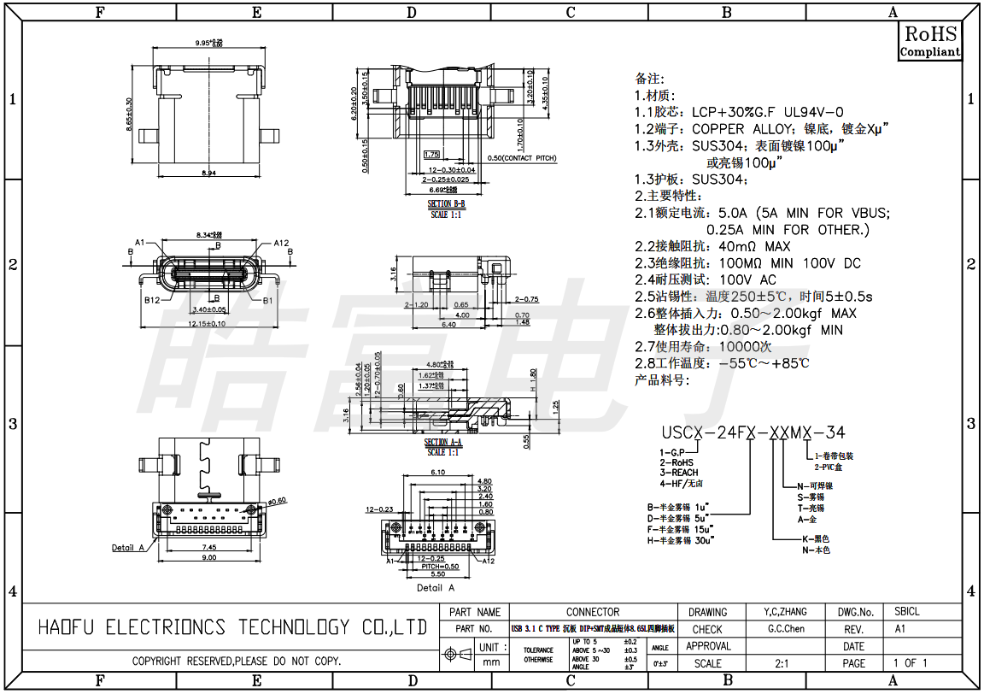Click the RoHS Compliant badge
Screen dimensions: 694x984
(x=930, y=41)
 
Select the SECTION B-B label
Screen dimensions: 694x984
(x=446, y=204)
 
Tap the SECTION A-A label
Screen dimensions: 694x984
(x=442, y=443)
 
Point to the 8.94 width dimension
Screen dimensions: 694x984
(x=208, y=173)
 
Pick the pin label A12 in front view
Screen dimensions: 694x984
(x=282, y=243)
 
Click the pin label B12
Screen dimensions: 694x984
(x=152, y=301)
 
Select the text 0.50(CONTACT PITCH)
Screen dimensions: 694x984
(x=521, y=159)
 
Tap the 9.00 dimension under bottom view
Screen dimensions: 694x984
(x=208, y=557)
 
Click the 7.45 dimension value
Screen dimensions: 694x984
(x=208, y=546)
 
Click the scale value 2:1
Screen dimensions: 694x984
(x=781, y=663)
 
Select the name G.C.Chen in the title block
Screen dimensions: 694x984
(x=786, y=629)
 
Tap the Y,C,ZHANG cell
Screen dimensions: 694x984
(x=786, y=612)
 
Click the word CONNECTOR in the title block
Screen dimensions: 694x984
(x=593, y=612)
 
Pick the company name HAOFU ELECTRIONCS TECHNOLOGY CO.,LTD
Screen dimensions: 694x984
(x=233, y=628)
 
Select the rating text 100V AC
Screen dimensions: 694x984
(x=748, y=279)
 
